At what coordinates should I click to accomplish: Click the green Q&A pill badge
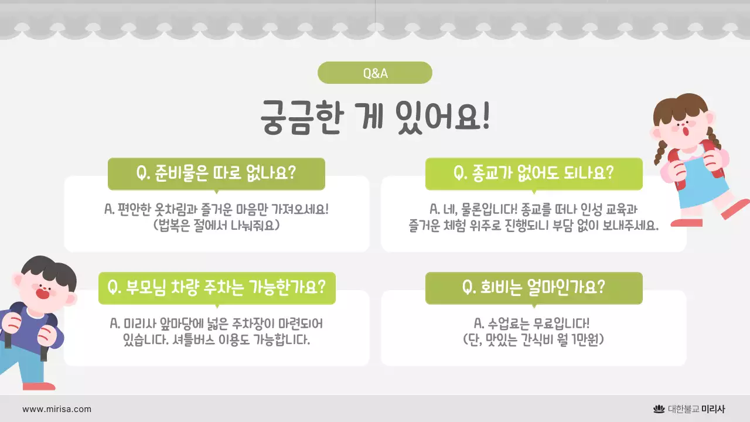375,73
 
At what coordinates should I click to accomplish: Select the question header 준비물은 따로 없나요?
216,173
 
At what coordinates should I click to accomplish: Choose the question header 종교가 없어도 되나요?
533,173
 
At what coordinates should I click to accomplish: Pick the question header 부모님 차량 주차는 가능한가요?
217,288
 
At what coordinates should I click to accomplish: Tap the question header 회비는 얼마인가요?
533,288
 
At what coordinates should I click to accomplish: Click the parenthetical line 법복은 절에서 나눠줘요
216,225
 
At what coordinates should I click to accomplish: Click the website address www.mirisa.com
57,409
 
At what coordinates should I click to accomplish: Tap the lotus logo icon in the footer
659,409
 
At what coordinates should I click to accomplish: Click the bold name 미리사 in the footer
713,409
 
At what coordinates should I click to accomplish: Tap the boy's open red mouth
42,291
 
